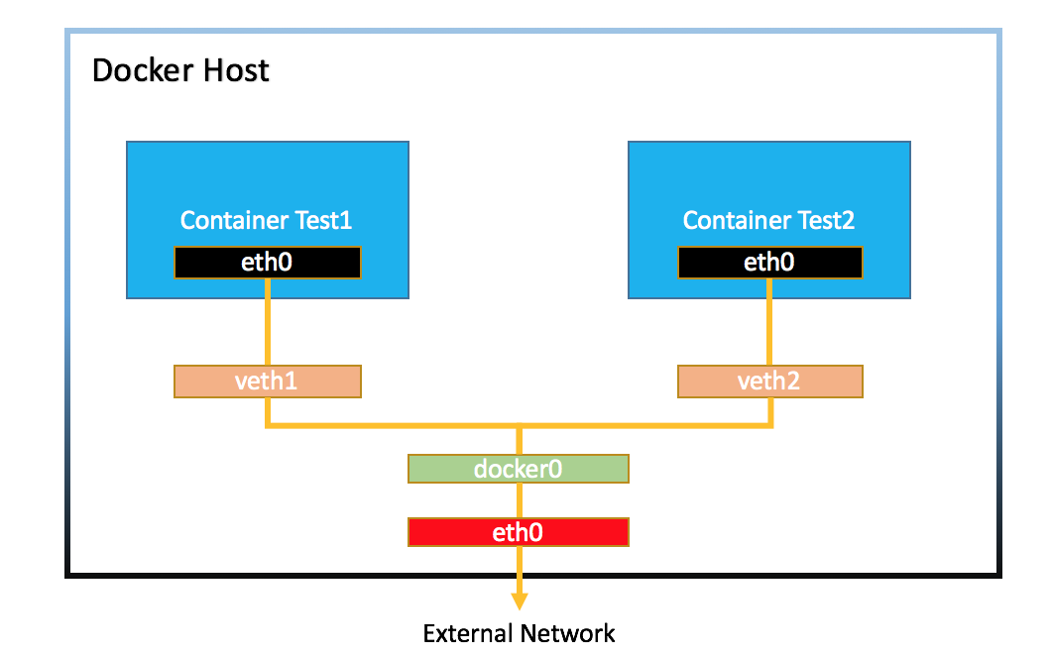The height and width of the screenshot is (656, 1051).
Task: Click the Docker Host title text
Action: pyautogui.click(x=180, y=71)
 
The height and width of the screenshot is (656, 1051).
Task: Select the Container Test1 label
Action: pyautogui.click(x=266, y=220)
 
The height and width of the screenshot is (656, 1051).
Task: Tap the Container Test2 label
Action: pyautogui.click(x=768, y=220)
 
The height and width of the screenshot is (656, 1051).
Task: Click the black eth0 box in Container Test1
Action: pyautogui.click(x=268, y=262)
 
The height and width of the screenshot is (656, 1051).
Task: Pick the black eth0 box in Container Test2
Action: pyautogui.click(x=770, y=262)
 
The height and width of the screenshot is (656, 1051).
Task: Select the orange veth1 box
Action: pyautogui.click(x=267, y=382)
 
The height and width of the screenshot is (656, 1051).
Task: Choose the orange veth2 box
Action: pyautogui.click(x=769, y=382)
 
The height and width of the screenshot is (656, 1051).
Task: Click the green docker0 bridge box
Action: pyautogui.click(x=518, y=469)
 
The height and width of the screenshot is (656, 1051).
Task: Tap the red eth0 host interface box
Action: pyautogui.click(x=518, y=532)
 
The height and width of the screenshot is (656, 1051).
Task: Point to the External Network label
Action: pyautogui.click(x=519, y=633)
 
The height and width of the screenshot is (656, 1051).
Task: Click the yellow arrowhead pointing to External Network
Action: pyautogui.click(x=519, y=600)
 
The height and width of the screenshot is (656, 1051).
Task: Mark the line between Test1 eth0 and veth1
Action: pyautogui.click(x=268, y=321)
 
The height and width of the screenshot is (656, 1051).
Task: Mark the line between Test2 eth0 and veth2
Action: pyautogui.click(x=770, y=321)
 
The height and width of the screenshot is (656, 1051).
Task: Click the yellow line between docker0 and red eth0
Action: pyautogui.click(x=519, y=500)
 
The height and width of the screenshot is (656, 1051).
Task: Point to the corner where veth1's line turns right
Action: pyautogui.click(x=268, y=426)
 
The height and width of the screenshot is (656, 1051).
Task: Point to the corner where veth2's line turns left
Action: pyautogui.click(x=770, y=426)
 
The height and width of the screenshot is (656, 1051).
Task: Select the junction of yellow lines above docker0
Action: pyautogui.click(x=519, y=427)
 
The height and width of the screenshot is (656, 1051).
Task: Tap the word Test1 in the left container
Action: pyautogui.click(x=319, y=220)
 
